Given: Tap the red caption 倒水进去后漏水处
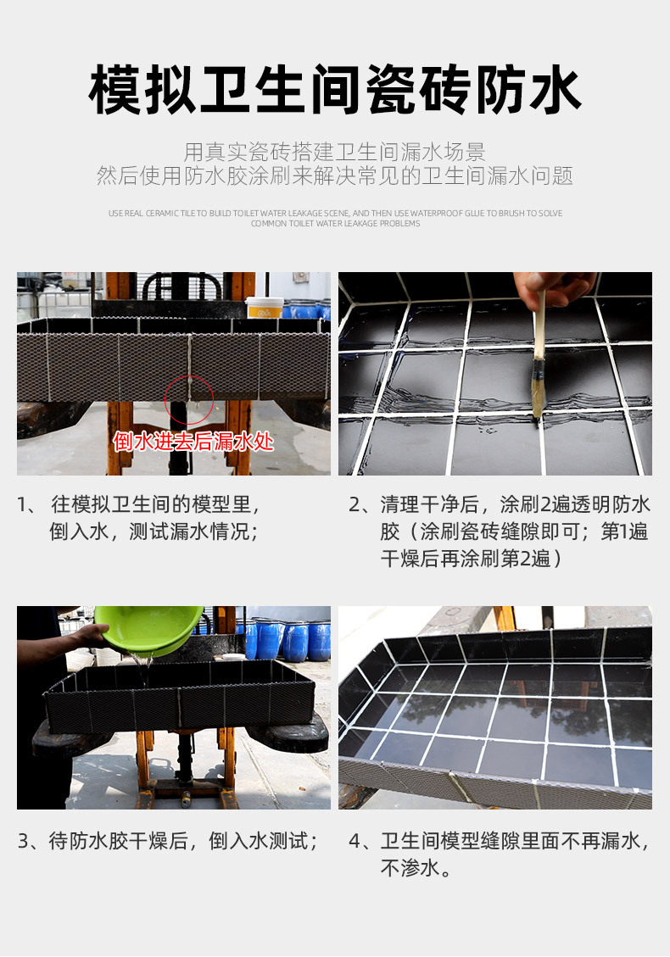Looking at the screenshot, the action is click(193, 441).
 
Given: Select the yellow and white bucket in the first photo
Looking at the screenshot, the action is click(265, 307).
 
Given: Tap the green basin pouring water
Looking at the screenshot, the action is click(149, 629).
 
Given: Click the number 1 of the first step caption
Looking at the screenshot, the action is click(22, 504).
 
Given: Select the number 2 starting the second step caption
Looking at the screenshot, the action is click(355, 504).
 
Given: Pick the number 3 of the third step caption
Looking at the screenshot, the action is click(23, 841).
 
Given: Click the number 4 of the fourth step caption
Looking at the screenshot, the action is click(355, 841).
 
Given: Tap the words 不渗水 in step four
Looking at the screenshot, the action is click(409, 868).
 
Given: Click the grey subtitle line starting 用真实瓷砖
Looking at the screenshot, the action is click(335, 152).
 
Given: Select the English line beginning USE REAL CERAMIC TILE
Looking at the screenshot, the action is click(335, 213).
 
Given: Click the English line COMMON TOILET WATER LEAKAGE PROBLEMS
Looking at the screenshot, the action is click(335, 224).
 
